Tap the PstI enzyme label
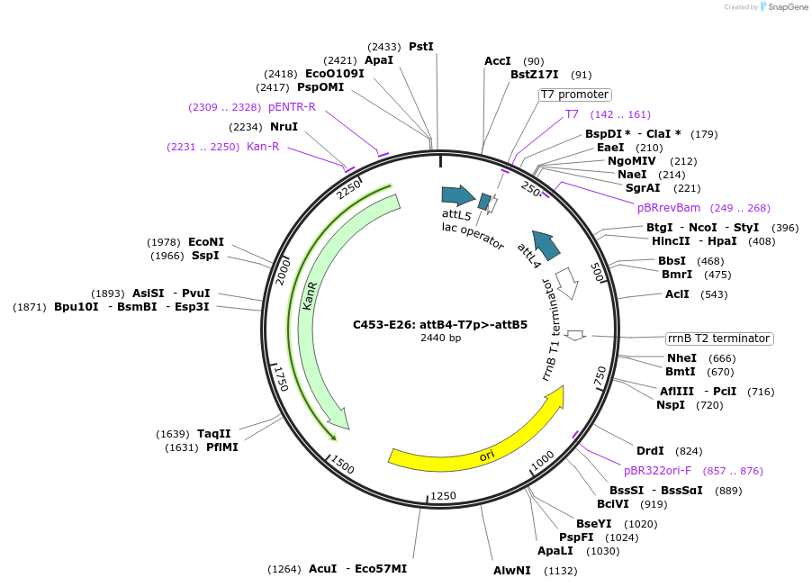[420, 46]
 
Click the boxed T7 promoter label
[575, 95]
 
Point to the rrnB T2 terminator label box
[719, 339]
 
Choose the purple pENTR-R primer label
[292, 107]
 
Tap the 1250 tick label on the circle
[444, 496]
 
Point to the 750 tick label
[601, 378]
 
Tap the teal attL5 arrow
[458, 194]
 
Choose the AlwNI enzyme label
[512, 570]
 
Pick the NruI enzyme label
[284, 127]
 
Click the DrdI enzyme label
[650, 451]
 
